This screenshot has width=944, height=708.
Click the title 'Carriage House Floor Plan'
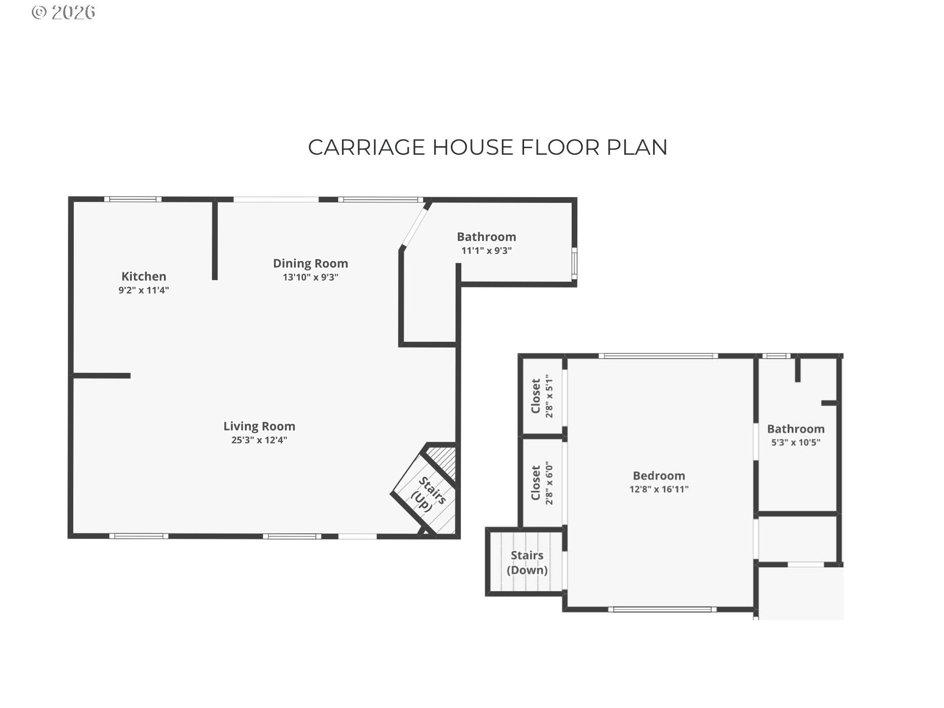click(488, 147)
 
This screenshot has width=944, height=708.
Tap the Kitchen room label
click(144, 276)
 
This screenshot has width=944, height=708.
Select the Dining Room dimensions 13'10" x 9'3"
click(311, 277)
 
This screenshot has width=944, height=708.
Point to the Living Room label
click(260, 426)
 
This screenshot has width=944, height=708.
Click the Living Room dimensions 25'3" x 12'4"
click(260, 440)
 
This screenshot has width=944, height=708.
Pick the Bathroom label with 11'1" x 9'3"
click(487, 237)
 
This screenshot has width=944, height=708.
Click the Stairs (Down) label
click(527, 562)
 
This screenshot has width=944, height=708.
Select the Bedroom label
click(659, 475)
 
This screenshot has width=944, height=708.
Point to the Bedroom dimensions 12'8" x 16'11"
click(659, 489)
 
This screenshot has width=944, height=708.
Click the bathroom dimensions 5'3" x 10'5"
click(796, 442)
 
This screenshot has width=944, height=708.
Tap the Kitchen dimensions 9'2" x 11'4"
click(144, 290)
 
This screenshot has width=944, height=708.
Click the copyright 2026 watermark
click(63, 12)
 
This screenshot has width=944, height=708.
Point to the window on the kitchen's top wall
click(133, 199)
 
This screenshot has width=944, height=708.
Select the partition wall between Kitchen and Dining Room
click(214, 240)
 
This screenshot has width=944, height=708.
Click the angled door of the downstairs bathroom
click(415, 226)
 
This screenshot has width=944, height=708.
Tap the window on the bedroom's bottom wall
click(662, 609)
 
